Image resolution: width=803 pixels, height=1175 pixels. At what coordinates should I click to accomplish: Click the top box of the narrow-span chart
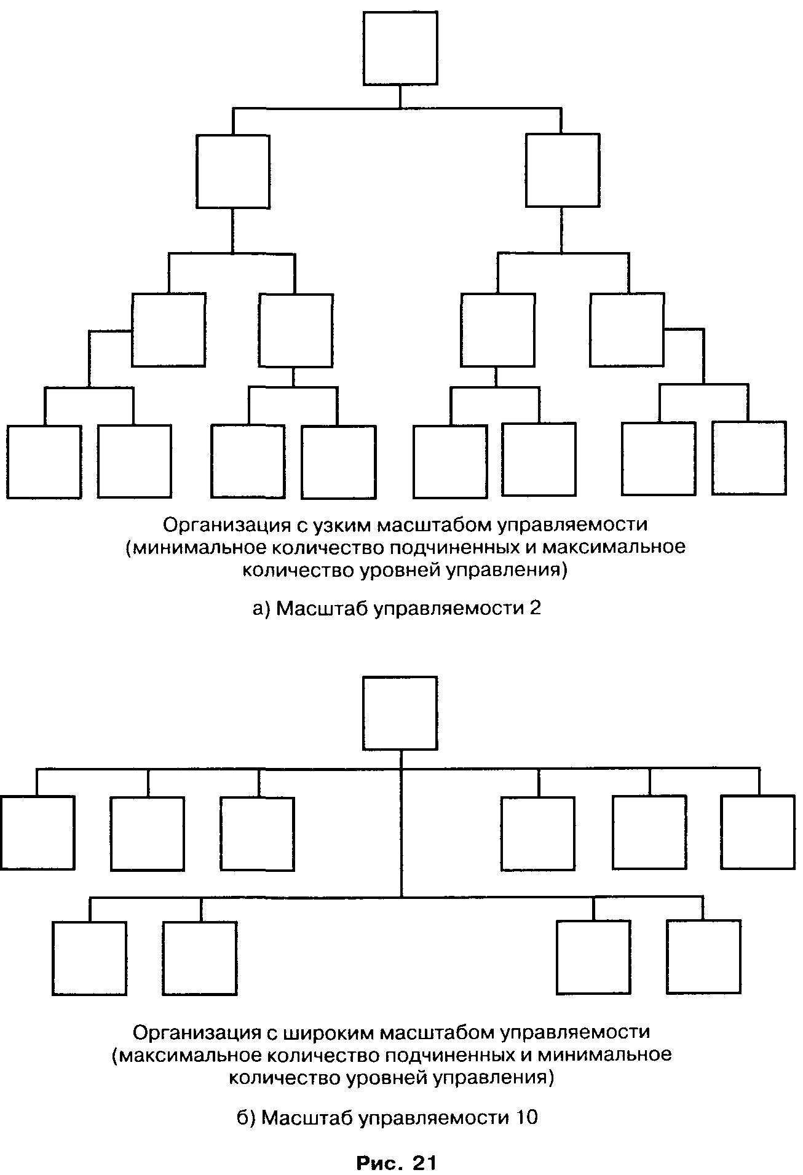point(400,48)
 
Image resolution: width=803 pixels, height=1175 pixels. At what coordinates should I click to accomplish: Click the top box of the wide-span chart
point(400,713)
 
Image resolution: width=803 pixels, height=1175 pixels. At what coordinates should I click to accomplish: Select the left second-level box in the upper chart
point(233,172)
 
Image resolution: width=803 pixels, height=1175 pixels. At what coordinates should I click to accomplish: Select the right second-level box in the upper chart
point(563,170)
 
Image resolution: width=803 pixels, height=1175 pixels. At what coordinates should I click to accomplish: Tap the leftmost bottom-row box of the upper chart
point(44,462)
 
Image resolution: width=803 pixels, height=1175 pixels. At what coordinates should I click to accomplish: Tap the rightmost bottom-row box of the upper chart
point(749,458)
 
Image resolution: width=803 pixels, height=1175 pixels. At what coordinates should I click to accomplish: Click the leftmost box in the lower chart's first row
point(38,833)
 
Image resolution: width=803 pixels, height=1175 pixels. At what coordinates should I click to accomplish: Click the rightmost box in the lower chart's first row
point(758,832)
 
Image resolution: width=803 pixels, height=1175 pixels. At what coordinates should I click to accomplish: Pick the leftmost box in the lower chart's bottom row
point(90,959)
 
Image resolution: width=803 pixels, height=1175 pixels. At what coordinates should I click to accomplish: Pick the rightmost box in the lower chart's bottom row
point(704,957)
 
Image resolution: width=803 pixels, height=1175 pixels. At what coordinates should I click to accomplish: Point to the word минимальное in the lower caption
point(604,1054)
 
